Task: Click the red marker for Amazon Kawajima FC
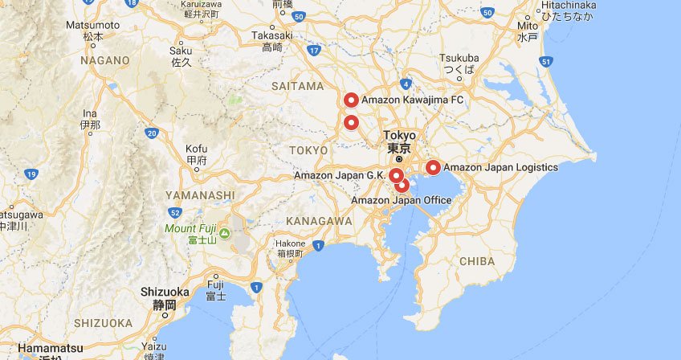coord(350,100)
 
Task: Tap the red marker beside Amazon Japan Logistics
coord(433,167)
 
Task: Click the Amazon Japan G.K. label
coord(340,175)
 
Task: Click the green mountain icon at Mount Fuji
coord(225,234)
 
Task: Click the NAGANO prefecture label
coord(104,60)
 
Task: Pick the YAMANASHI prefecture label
coord(200,194)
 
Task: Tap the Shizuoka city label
coord(165,292)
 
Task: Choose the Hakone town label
coord(290,243)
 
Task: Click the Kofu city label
coord(197,149)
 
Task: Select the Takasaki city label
coord(272,36)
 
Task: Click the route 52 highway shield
coord(174,212)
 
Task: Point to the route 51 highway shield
coord(546,62)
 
